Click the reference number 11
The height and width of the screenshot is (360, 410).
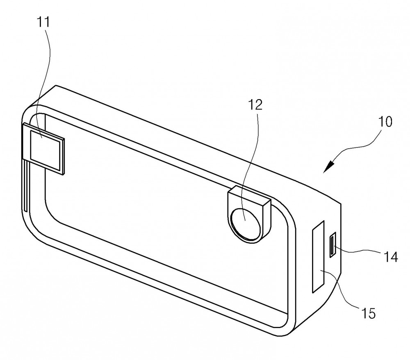point(43,22)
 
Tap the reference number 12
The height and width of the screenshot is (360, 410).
point(255,105)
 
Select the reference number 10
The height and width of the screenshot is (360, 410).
point(385,122)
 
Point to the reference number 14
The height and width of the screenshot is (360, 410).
point(390,256)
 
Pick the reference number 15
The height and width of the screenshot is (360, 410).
point(368,313)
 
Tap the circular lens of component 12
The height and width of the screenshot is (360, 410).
point(245,224)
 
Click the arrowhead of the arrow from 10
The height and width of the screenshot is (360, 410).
point(329,167)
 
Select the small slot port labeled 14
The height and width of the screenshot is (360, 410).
point(333,245)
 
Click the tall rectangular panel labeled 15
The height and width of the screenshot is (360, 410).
point(318,257)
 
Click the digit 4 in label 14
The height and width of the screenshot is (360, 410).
point(394,256)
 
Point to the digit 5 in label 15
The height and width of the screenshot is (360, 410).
point(372,313)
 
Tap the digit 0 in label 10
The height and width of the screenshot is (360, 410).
point(389,122)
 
